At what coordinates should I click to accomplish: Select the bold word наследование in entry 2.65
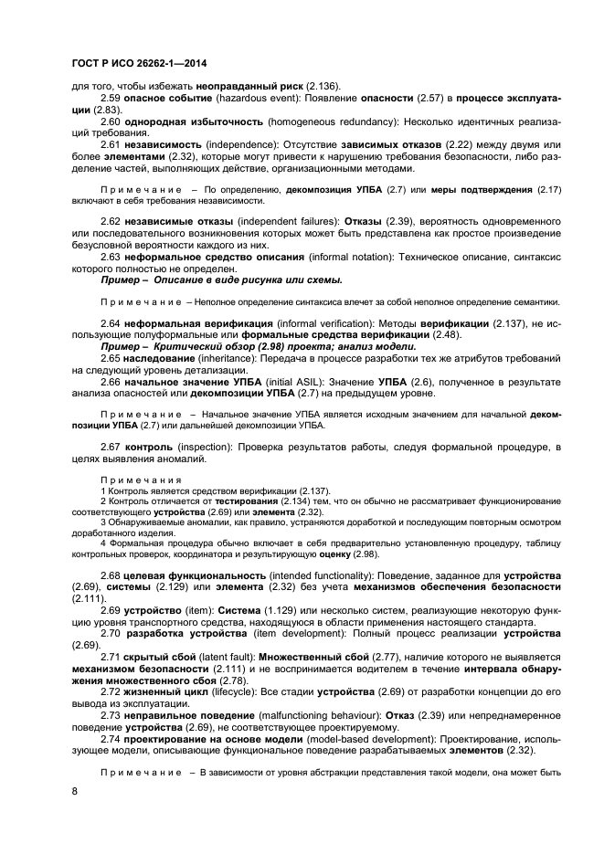point(160,359)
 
